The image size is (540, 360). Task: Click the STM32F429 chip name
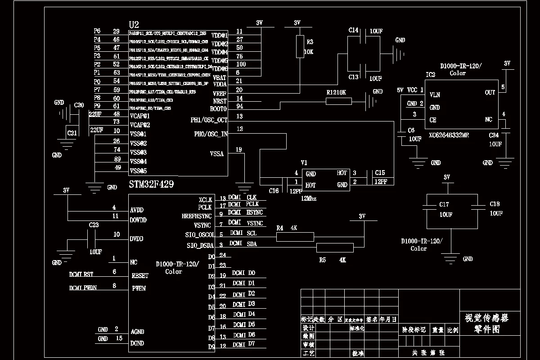[151, 184]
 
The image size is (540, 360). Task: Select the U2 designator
[134, 24]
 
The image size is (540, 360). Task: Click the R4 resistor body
[294, 237]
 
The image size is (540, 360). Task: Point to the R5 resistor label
[322, 260]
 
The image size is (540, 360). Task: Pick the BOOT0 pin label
[219, 109]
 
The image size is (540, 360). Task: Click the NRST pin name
[220, 101]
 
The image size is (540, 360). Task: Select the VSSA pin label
[217, 153]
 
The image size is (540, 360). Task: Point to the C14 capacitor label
[354, 30]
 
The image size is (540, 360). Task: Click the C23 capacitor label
[94, 225]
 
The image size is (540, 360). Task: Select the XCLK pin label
[205, 200]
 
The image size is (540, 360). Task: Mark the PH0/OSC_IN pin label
[211, 134]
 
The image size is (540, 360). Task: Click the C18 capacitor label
[495, 204]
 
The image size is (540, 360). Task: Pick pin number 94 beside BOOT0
[239, 106]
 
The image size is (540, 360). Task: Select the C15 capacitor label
[380, 173]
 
